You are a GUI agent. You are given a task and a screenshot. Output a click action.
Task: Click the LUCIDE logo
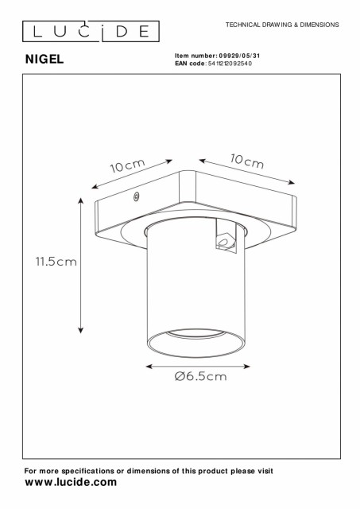tap(91, 32)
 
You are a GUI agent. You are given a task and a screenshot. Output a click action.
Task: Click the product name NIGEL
tap(45, 59)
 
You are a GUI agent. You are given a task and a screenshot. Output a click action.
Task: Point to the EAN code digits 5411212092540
tap(230, 64)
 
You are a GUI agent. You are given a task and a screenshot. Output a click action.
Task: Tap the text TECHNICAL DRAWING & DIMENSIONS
tap(282, 25)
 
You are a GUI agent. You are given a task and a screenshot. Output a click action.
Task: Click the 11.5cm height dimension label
tap(56, 262)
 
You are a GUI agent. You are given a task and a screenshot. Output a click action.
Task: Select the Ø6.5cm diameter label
tap(201, 376)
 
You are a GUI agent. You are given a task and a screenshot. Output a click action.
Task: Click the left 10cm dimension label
tap(127, 165)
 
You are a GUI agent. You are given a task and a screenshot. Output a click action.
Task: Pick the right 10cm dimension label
tap(247, 161)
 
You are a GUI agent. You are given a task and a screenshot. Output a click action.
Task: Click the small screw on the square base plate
tap(137, 196)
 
